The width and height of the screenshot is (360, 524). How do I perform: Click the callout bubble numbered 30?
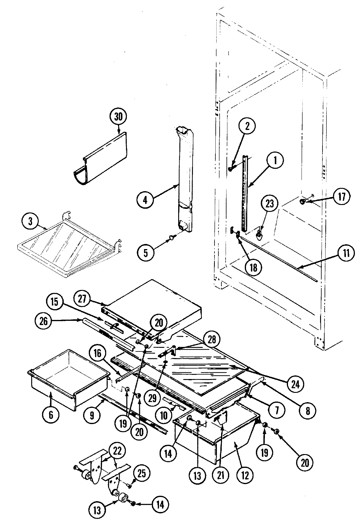point(118,117)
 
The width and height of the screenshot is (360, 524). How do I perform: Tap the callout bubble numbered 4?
point(145,200)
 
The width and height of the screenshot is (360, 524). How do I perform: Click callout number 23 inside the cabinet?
point(269,204)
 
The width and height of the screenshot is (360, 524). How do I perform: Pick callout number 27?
point(83,299)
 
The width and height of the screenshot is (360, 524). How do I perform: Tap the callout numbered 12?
point(245,476)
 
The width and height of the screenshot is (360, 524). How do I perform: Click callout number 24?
point(295,384)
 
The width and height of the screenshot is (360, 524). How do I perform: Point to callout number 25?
point(141,474)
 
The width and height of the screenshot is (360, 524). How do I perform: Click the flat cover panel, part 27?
point(153,303)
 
